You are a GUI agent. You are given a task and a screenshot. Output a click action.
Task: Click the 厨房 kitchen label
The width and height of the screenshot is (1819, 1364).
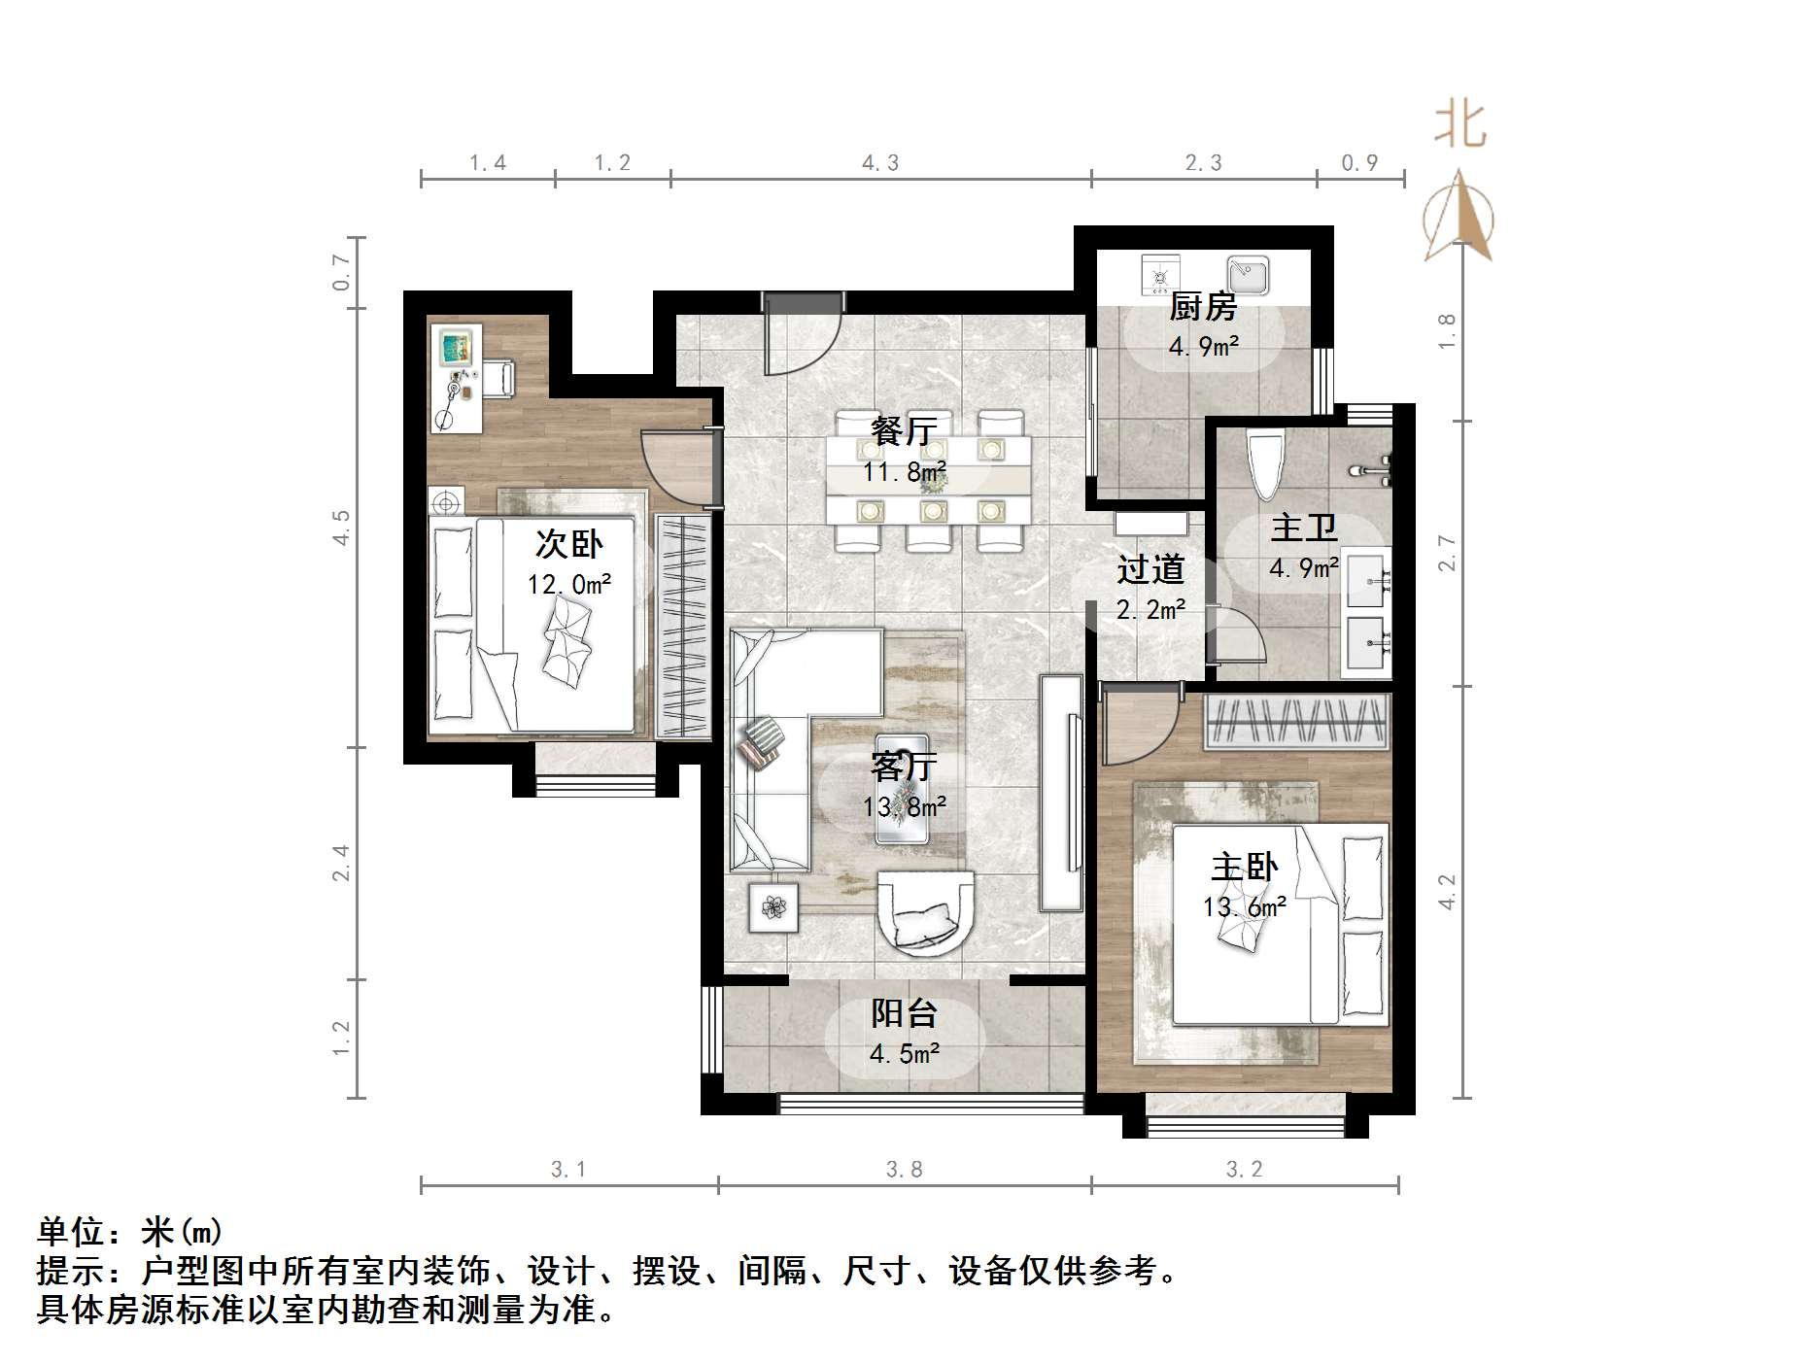point(1202,307)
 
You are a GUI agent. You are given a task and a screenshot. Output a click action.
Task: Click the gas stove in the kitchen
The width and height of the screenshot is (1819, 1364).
point(1159,275)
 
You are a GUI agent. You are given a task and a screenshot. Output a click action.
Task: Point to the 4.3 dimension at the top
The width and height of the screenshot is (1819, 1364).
point(880,163)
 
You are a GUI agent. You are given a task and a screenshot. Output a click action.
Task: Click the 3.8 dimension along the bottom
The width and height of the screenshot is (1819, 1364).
point(904,1170)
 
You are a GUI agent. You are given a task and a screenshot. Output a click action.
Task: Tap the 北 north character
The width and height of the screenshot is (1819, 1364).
point(1460,126)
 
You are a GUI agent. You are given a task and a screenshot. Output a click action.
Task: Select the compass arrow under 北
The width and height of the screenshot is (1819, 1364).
point(1459,216)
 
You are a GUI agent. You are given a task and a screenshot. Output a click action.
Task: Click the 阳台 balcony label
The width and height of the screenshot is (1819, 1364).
point(904,1013)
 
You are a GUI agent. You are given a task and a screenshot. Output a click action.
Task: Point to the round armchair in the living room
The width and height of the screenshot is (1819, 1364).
point(925,912)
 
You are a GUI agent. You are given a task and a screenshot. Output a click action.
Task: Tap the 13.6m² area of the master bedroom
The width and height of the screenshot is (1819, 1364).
point(1244,907)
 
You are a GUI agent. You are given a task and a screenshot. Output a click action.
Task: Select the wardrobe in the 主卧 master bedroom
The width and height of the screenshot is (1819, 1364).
point(1296,722)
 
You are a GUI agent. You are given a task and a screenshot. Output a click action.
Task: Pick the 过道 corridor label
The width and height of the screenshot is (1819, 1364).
point(1150,569)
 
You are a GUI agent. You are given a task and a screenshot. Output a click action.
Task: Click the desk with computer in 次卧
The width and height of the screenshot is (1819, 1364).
point(456,378)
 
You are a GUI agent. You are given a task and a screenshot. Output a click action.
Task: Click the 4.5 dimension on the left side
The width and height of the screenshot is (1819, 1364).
point(341,527)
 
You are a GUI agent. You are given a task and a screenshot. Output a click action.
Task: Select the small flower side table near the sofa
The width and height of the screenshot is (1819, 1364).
point(773,907)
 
